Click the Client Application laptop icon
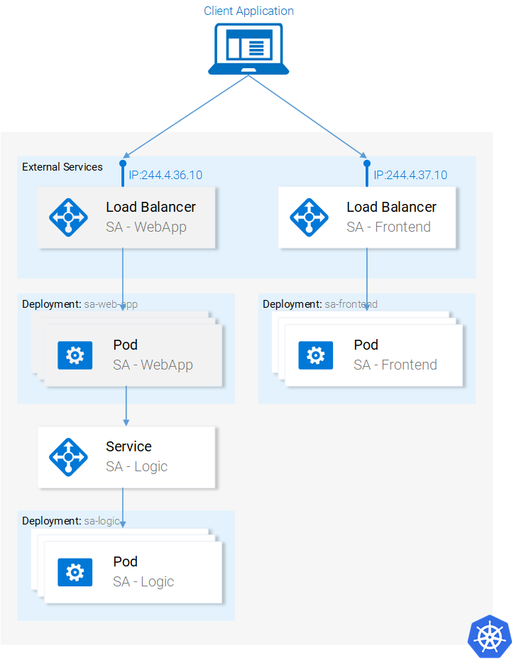248,48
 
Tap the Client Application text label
248,11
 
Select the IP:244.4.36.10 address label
165,175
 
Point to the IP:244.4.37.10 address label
410,175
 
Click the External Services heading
62,167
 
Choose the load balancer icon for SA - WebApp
69,217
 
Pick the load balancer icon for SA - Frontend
310,217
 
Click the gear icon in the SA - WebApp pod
75,355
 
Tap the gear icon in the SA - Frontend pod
316,355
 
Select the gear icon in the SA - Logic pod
75,571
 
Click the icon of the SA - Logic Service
69,456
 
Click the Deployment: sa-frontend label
320,304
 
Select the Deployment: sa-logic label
70,521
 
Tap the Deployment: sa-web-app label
80,304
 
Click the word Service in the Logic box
128,446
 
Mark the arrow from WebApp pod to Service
126,405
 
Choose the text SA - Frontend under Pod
395,365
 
